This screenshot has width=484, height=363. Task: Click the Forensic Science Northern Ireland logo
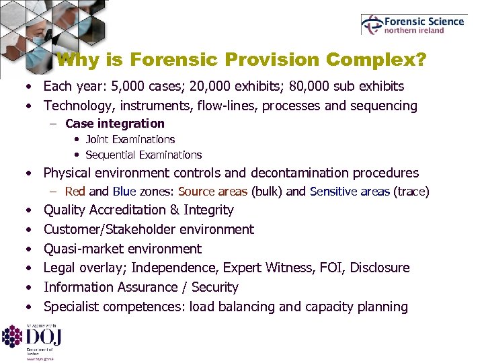(413, 24)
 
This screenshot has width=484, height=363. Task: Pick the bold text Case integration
(115, 123)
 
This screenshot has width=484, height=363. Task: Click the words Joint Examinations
(130, 139)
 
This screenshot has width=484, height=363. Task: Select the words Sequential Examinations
(144, 155)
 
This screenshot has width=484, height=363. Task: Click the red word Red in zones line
(75, 192)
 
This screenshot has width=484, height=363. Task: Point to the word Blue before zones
(124, 192)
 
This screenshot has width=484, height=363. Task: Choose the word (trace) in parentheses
(411, 192)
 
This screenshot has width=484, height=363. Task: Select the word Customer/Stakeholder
(108, 229)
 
